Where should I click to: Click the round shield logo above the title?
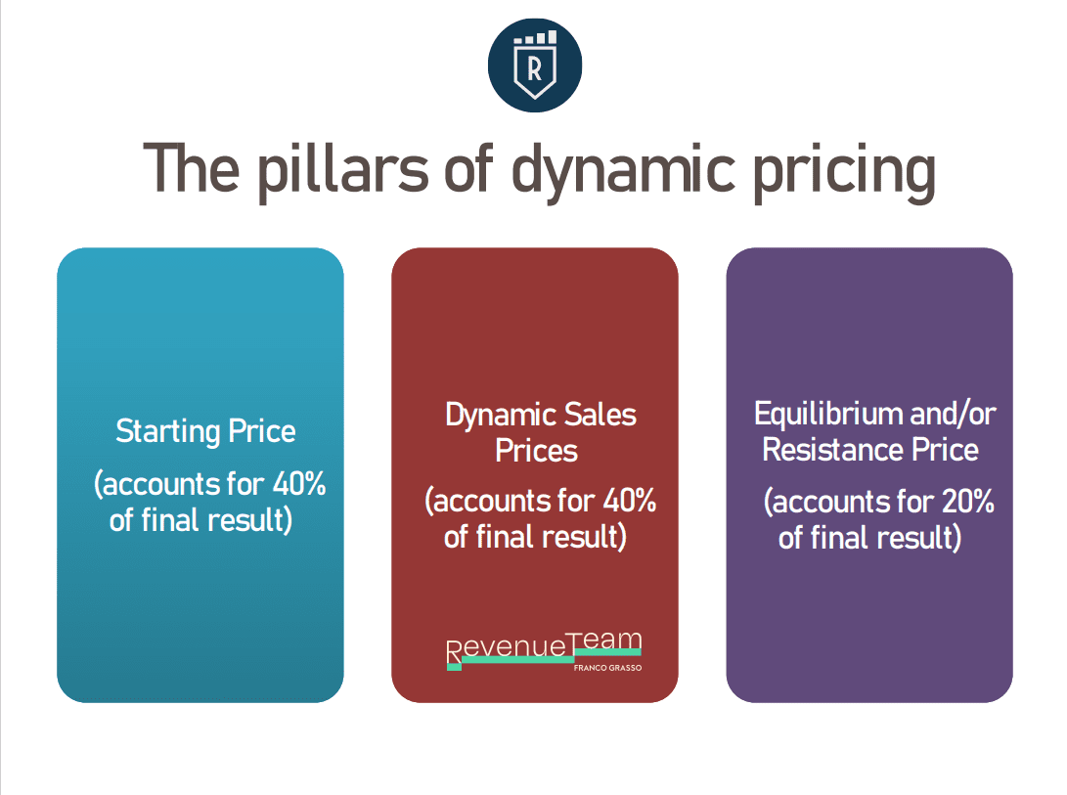[x=535, y=66]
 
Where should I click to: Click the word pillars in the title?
[x=342, y=171]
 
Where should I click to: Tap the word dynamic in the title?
[x=623, y=171]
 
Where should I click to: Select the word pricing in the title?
[x=844, y=171]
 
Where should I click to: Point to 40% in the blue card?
[x=298, y=484]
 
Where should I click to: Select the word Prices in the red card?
[x=536, y=451]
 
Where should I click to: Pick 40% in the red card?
[x=630, y=501]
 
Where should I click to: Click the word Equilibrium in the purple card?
[x=827, y=414]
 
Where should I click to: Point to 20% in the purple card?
[x=967, y=502]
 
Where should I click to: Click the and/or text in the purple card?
[x=953, y=414]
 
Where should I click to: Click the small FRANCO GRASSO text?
[x=607, y=668]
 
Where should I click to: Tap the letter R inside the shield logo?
[x=535, y=68]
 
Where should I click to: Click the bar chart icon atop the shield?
[x=536, y=37]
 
